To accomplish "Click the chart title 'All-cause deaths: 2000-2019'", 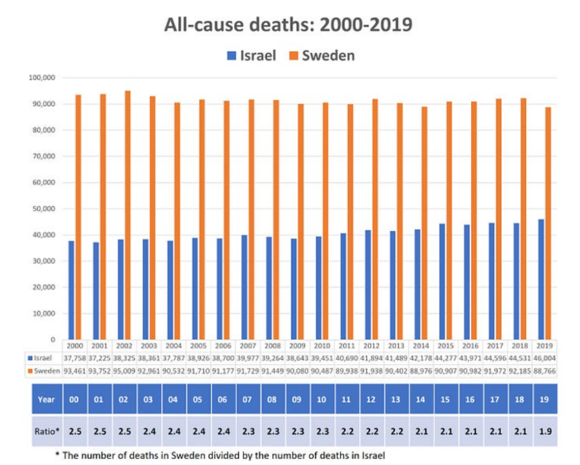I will pyautogui.click(x=288, y=25).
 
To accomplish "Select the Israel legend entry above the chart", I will pyautogui.click(x=251, y=55).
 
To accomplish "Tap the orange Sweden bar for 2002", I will pyautogui.click(x=127, y=215).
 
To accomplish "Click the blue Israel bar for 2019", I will pyautogui.click(x=541, y=279).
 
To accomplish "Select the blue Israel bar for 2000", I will pyautogui.click(x=71, y=290).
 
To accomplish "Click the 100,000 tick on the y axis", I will pyautogui.click(x=41, y=78).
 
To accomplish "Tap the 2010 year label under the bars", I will pyautogui.click(x=322, y=345).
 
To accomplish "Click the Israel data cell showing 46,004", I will pyautogui.click(x=544, y=358).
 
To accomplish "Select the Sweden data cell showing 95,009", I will pyautogui.click(x=124, y=370).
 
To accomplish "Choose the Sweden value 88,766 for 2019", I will pyautogui.click(x=544, y=370).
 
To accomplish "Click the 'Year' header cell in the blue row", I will pyautogui.click(x=46, y=399).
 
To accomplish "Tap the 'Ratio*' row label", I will pyautogui.click(x=46, y=432).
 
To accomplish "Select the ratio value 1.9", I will pyautogui.click(x=545, y=432).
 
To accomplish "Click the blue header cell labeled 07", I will pyautogui.click(x=248, y=399).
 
